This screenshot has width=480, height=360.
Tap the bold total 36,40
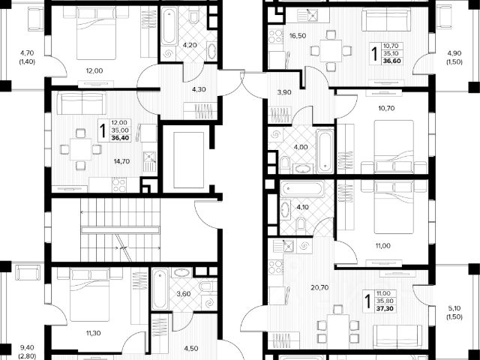[121, 136]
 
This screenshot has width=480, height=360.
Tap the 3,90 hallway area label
[284, 92]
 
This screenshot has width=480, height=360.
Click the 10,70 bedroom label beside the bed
[385, 108]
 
